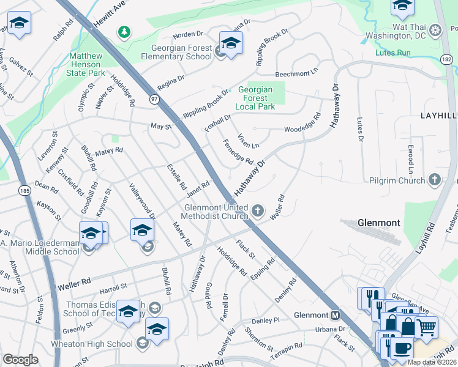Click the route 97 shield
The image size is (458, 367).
pos(153,98)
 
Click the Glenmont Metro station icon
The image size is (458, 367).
pos(335,316)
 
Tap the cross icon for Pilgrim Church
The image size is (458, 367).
pos(434,180)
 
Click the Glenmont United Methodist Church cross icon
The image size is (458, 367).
pos(258,212)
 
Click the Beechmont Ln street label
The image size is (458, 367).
pos(297,72)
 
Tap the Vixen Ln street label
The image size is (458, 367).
pos(249,141)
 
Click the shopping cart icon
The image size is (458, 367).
pos(426,327)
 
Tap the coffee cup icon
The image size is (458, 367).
pos(401,348)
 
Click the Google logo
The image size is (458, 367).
pos(20,360)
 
